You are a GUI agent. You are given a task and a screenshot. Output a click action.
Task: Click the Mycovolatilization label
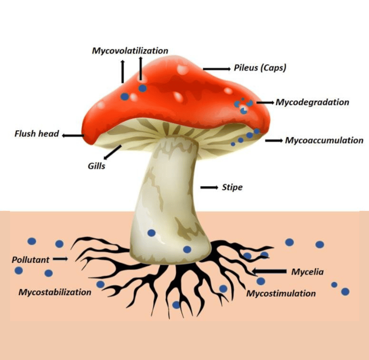coord(130,50)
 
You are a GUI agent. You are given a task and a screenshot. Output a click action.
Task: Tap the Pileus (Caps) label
coord(260,68)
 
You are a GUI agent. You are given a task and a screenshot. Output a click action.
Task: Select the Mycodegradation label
coord(312,102)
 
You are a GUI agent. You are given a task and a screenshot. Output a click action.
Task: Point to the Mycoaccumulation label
coord(324,140)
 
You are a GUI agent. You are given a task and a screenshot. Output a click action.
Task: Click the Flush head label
coord(37,133)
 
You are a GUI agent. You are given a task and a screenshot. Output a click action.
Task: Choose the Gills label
coord(96,166)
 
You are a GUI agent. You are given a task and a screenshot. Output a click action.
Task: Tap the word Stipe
coord(232,187)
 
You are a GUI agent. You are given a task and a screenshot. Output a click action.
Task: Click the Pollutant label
coord(31,260)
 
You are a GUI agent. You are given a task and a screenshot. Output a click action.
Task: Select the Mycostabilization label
coord(55,292)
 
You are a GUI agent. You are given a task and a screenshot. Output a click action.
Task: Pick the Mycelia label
coord(307,272)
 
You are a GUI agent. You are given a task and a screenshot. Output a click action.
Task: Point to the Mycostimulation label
coord(281,293)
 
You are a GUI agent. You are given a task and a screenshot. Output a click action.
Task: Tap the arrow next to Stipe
coord(209,187)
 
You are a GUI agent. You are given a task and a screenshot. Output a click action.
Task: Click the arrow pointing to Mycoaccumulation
coord(274,141)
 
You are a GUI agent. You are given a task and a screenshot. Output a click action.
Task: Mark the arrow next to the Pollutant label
coord(60,259)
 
